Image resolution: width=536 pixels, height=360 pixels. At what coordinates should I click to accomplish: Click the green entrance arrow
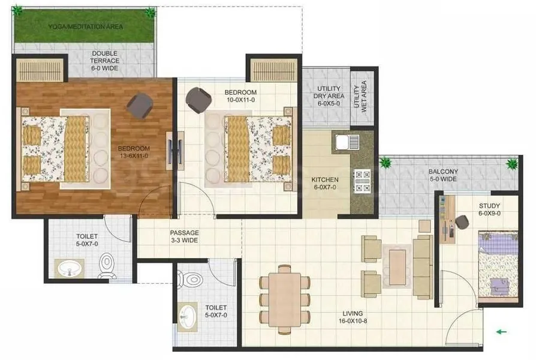click(x=501, y=331)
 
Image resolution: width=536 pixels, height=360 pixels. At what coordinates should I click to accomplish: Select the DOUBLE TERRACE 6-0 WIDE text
click(x=104, y=61)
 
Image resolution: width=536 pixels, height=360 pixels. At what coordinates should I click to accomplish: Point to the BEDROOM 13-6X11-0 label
click(x=134, y=152)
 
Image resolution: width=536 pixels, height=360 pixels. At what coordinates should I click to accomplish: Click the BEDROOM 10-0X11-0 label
click(x=240, y=96)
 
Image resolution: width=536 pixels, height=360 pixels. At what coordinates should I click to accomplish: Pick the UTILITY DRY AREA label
click(x=328, y=96)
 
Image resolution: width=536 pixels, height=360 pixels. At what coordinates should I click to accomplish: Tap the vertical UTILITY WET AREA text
click(x=362, y=96)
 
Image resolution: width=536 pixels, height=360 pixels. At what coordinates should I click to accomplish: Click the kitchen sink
click(x=347, y=142)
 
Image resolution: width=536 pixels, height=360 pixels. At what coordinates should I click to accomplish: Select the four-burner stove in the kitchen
click(x=363, y=181)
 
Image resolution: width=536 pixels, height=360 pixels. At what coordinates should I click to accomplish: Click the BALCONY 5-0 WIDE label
click(x=442, y=175)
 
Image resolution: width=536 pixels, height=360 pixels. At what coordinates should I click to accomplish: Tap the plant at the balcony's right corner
click(x=511, y=163)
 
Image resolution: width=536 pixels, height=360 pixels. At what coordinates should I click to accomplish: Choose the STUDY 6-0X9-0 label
click(x=489, y=209)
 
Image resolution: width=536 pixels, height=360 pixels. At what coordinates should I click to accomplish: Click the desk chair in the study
click(x=462, y=222)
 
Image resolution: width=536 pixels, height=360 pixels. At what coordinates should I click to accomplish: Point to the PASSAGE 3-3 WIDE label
click(x=184, y=236)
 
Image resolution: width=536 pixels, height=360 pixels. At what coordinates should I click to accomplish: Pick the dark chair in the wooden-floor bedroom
click(x=139, y=106)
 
